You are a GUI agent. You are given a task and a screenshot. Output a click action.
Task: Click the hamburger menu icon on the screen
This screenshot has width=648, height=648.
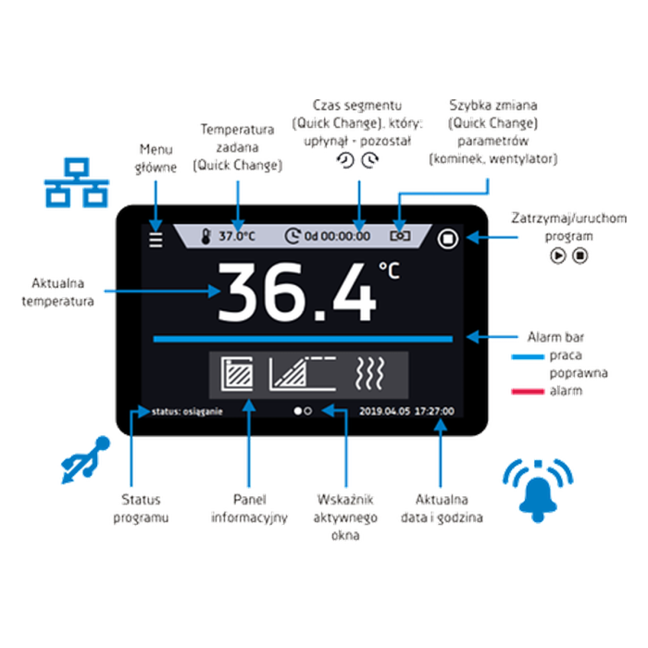click(x=156, y=240)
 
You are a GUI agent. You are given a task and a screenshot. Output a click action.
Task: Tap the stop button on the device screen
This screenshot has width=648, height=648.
click(x=447, y=239)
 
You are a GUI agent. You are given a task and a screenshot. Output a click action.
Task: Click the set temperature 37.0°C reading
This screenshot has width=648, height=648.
click(x=237, y=236)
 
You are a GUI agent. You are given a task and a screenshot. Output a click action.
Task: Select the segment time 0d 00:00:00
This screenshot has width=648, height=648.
click(x=337, y=236)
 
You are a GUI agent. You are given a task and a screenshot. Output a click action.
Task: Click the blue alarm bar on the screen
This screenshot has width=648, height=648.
click(x=303, y=339)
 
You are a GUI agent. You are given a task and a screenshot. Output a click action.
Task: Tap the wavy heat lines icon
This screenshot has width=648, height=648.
click(x=370, y=374)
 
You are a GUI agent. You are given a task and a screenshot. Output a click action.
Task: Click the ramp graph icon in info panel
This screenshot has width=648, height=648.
click(x=303, y=374)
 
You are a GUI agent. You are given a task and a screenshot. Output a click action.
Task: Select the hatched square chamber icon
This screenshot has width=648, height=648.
click(x=237, y=374)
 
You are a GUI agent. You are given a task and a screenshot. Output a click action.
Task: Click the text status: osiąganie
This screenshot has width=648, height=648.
click(x=187, y=412)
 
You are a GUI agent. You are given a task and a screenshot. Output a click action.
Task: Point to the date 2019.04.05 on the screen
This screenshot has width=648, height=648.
click(x=385, y=411)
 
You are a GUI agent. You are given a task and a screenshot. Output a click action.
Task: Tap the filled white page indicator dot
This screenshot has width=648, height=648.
click(x=297, y=411)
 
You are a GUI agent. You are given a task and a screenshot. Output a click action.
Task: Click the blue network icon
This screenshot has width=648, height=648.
click(x=77, y=182)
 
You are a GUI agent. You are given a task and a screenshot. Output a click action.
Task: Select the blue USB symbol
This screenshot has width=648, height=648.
click(x=85, y=459)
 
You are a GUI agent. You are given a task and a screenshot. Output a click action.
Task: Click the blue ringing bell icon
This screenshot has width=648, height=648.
click(x=538, y=491)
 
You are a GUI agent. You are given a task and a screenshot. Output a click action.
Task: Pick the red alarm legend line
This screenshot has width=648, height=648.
click(x=528, y=392)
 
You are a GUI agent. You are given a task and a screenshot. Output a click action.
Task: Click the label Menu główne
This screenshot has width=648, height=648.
click(x=156, y=158)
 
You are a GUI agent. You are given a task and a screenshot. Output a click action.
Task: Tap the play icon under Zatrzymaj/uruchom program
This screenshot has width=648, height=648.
click(x=558, y=255)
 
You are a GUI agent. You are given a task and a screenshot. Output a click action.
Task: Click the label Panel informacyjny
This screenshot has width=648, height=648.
click(x=249, y=508)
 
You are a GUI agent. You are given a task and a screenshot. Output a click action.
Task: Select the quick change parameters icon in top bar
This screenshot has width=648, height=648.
click(x=400, y=236)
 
